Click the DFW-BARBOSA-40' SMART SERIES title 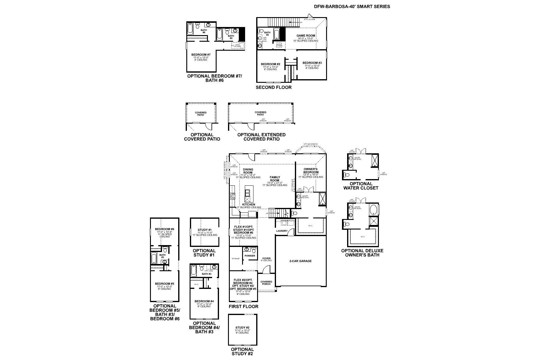tap(352, 6)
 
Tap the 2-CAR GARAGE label tap(300, 261)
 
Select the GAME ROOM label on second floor tap(306, 36)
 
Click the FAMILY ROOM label tap(274, 179)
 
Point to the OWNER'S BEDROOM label tap(311, 171)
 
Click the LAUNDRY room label tap(282, 231)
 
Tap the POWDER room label tap(250, 256)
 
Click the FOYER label tap(266, 258)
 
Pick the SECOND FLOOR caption tap(273, 87)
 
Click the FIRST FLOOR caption tap(243, 306)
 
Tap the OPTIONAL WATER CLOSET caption tap(361, 186)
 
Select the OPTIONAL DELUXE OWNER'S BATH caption tap(362, 253)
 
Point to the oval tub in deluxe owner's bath tap(373, 210)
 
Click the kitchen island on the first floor tap(247, 195)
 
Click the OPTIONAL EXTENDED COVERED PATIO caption tap(261, 137)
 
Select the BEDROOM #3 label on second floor tap(312, 63)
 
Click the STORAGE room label tap(235, 259)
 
